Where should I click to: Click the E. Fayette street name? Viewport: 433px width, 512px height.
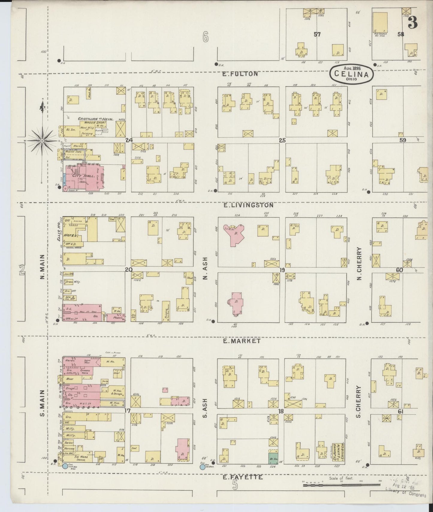tap(243, 477)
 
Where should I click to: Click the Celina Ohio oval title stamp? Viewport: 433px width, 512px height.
tap(352, 74)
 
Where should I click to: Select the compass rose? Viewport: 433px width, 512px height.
tap(43, 140)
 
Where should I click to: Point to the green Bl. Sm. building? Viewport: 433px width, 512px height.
tap(273, 458)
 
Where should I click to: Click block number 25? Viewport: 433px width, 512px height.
tap(282, 140)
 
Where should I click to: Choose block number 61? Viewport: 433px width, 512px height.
tap(400, 412)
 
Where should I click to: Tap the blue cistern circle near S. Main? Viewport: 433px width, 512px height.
tap(65, 466)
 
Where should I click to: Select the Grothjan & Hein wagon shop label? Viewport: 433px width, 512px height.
tap(96, 119)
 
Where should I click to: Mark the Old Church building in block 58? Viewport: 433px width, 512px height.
tap(380, 24)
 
